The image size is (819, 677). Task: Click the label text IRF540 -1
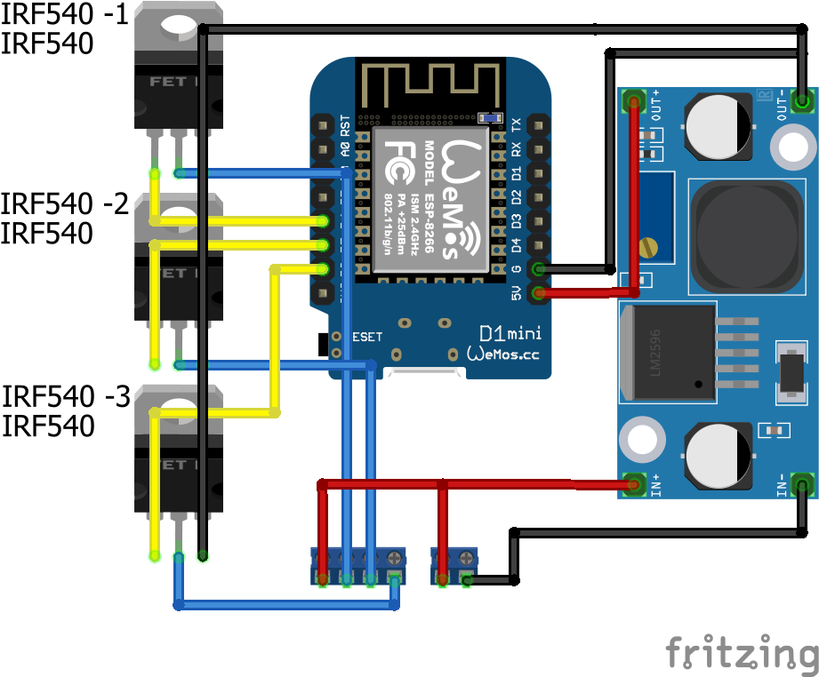click(64, 15)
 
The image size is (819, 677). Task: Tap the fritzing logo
click(742, 652)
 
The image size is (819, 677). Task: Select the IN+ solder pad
click(633, 485)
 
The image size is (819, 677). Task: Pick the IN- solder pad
click(801, 485)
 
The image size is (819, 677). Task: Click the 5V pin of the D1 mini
click(537, 292)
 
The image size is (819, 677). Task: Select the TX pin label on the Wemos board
click(517, 123)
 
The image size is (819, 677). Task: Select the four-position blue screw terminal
click(357, 566)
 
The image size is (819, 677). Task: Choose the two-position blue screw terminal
click(454, 566)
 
